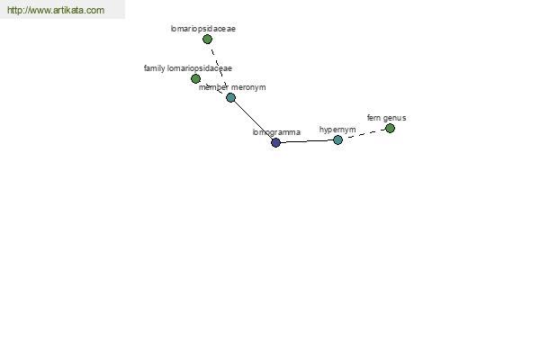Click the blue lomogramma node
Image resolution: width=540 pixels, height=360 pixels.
[x=275, y=142]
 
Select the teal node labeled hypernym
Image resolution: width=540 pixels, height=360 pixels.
[x=337, y=139]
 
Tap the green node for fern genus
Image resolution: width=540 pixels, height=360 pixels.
[x=390, y=129]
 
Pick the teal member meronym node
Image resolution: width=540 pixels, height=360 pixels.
[x=230, y=98]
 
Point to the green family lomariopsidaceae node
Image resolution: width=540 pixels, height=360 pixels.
[x=195, y=79]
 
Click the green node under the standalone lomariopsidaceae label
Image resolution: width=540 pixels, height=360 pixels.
[x=207, y=40]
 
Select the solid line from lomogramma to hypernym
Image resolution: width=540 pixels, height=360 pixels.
[x=307, y=141]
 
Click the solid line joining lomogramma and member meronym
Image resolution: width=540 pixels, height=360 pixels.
[x=253, y=120]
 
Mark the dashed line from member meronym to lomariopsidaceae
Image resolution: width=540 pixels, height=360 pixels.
[x=219, y=67]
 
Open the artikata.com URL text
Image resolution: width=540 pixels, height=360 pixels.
[x=56, y=10]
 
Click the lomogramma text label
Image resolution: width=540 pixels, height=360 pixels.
[x=276, y=132]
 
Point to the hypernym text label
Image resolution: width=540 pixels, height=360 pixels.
[x=337, y=130]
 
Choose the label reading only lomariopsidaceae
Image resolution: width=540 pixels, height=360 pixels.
[x=203, y=29]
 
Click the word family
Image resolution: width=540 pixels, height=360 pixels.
[x=154, y=68]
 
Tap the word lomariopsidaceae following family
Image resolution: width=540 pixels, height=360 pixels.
[x=200, y=68]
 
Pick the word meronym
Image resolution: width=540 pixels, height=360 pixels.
[x=248, y=87]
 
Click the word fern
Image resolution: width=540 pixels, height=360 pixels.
[x=373, y=118]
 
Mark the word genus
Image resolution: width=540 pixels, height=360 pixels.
[x=395, y=118]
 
